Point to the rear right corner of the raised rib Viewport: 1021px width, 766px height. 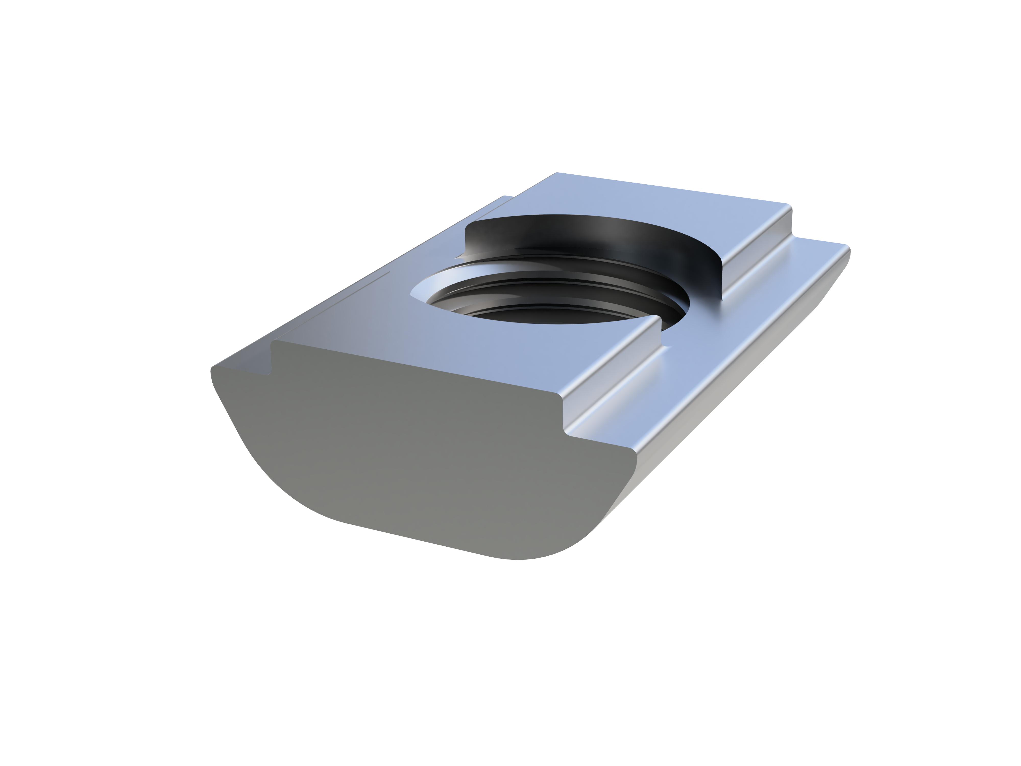pyautogui.click(x=790, y=206)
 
